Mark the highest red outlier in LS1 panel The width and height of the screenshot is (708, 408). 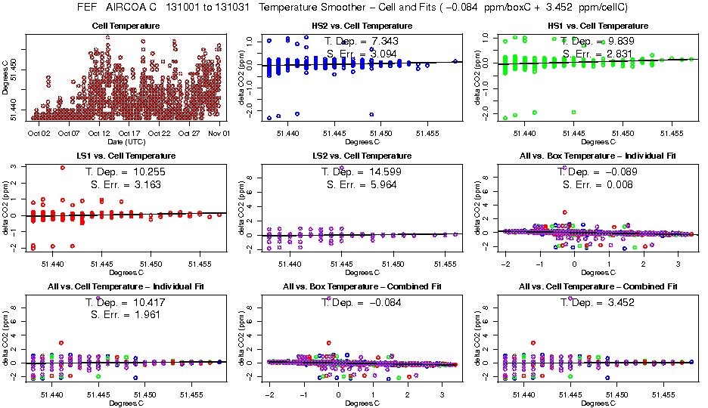pos(62,168)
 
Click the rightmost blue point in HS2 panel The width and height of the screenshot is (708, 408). pos(455,61)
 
